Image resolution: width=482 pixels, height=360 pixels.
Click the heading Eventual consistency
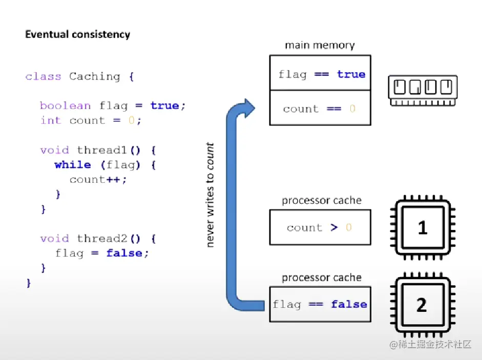click(x=77, y=35)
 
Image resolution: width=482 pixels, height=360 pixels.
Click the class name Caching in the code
click(x=94, y=77)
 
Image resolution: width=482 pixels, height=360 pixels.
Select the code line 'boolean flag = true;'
click(x=113, y=106)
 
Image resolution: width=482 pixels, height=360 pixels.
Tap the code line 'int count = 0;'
click(x=91, y=120)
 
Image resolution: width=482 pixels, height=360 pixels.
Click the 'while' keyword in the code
click(x=73, y=165)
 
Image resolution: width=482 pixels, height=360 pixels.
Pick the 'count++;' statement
click(x=98, y=180)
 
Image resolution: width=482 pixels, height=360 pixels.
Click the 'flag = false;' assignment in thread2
click(x=102, y=253)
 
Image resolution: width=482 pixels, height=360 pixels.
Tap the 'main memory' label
click(x=320, y=45)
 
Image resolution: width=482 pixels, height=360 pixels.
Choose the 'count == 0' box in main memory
click(x=320, y=108)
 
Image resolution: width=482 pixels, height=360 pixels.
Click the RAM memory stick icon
click(x=423, y=90)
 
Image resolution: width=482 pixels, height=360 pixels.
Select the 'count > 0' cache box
click(x=320, y=227)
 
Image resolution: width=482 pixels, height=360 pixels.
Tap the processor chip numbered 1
click(x=422, y=227)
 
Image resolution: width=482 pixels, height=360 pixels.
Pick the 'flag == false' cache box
click(x=320, y=304)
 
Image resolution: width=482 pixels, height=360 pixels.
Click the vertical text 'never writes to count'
click(x=210, y=195)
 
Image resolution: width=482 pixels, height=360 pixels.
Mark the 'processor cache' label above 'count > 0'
click(x=322, y=200)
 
